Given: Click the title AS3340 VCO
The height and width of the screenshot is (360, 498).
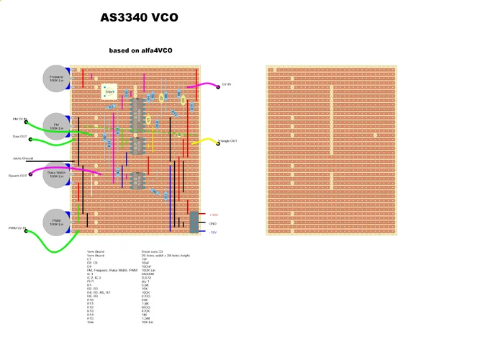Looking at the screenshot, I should pos(139,18).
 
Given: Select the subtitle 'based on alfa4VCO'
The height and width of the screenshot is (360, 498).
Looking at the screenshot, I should pos(140,50).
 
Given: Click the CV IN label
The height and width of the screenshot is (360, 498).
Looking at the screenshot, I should pos(226,84).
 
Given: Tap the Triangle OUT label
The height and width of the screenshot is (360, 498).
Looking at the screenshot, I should pos(228,141).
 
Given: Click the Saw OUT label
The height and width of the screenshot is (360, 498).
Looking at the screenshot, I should pos(19,135).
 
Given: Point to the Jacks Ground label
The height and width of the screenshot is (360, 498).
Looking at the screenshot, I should pos(22,158).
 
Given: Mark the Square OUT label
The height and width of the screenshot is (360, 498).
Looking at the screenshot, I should pos(18,175).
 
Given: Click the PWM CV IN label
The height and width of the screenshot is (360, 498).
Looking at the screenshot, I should pos(17,228).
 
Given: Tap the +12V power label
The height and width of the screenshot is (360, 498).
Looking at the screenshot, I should pos(214,215).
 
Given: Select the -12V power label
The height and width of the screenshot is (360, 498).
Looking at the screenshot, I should pos(213,232).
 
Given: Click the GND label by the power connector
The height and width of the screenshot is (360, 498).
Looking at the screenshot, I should pos(213,223).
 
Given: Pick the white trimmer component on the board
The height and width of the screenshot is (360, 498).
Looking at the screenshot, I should pos(110,91).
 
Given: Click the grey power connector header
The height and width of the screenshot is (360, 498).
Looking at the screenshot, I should pos(194,222).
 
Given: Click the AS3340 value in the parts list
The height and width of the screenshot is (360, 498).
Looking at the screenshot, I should pos(148,274).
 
